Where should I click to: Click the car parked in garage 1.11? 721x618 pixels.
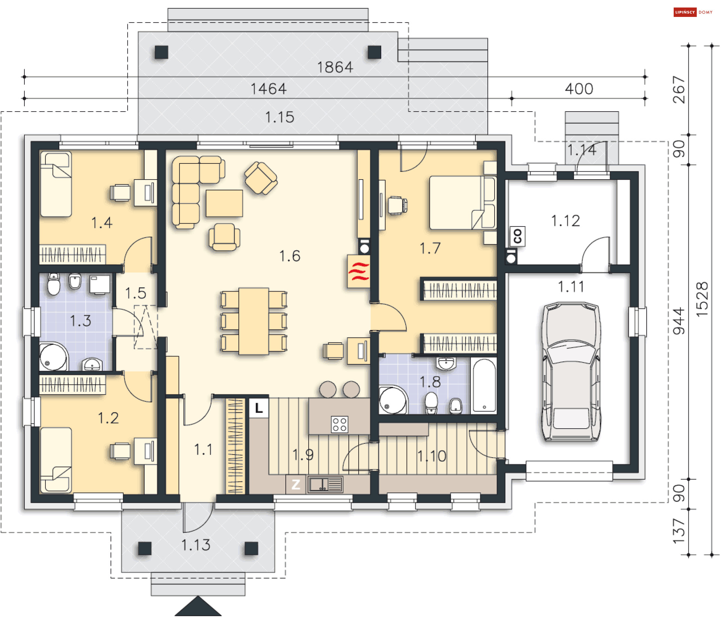[x=570, y=371]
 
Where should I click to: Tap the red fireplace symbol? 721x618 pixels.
[x=359, y=272]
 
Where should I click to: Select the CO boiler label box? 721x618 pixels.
[x=517, y=236]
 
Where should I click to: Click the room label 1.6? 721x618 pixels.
[x=290, y=256]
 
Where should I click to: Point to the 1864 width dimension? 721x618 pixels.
[x=335, y=68]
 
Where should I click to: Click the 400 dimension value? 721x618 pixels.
[x=579, y=89]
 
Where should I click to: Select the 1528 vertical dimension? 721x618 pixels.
[x=702, y=299]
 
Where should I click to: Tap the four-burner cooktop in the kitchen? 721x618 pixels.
[x=339, y=425]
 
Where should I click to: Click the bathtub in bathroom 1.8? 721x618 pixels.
[x=484, y=385]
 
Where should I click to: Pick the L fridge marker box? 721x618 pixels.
[x=259, y=408]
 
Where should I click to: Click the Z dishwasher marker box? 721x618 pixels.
[x=296, y=484]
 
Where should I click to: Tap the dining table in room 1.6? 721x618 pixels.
[x=254, y=321]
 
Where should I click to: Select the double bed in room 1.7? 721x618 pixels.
[x=463, y=202]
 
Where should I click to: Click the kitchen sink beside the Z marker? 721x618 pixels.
[x=325, y=484]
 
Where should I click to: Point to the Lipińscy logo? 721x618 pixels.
[x=693, y=12]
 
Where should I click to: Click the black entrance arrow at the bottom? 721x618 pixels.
[x=198, y=606]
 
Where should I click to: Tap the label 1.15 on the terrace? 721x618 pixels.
[x=279, y=117]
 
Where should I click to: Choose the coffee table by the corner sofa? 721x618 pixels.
[x=224, y=203]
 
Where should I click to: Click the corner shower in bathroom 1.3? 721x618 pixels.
[x=53, y=357]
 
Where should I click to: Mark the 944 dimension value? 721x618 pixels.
[x=679, y=321]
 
